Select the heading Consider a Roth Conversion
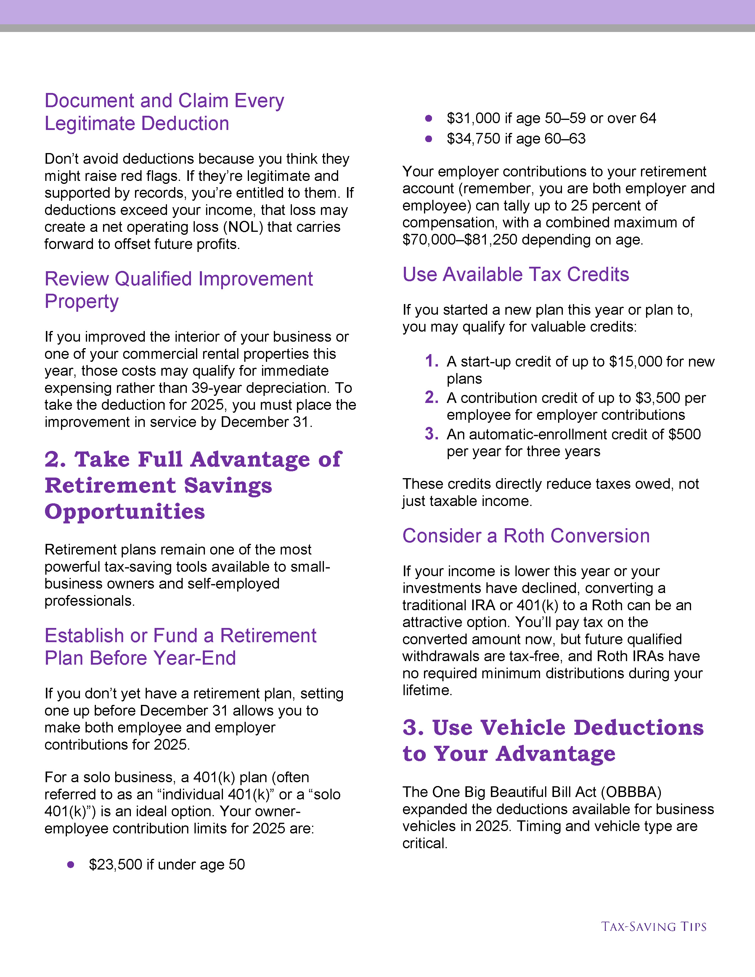coord(526,536)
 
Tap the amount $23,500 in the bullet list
coord(115,865)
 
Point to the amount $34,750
coord(473,139)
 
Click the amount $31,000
coord(473,118)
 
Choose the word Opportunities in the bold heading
coord(125,512)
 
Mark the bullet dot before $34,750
coord(428,139)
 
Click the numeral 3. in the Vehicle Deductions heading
coord(413,728)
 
